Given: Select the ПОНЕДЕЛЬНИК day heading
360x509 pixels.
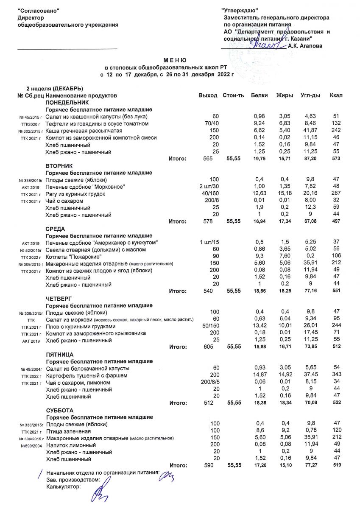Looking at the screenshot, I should tap(67, 103).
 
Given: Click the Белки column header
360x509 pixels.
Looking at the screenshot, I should tap(259, 95).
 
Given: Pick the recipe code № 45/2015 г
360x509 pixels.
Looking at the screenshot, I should tap(31, 117).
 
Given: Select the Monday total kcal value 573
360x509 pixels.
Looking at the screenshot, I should tap(337, 159).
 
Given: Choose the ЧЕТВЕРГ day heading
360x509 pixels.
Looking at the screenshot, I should tap(60, 299).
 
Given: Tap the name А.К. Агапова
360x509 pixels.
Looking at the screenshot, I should tap(304, 46).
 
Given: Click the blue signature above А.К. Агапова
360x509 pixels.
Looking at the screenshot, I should tap(267, 44).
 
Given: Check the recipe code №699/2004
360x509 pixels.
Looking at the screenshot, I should tap(32, 446).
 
